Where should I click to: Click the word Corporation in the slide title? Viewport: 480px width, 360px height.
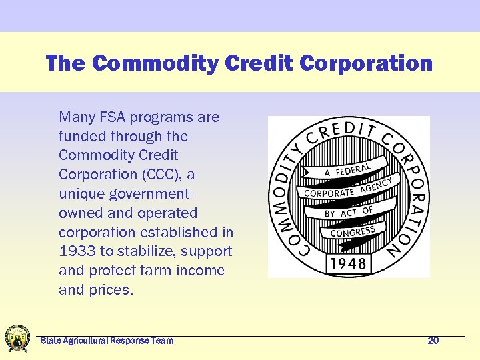[366, 63]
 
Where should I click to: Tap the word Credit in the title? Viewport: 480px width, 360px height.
[260, 63]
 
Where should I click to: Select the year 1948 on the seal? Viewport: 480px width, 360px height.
[348, 263]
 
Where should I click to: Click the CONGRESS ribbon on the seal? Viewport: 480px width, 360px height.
[353, 232]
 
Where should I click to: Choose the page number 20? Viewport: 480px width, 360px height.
[433, 341]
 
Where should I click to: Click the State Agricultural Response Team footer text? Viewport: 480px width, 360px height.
[107, 341]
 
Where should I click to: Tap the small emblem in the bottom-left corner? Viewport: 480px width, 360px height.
[17, 339]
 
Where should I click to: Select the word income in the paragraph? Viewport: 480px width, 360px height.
[203, 271]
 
